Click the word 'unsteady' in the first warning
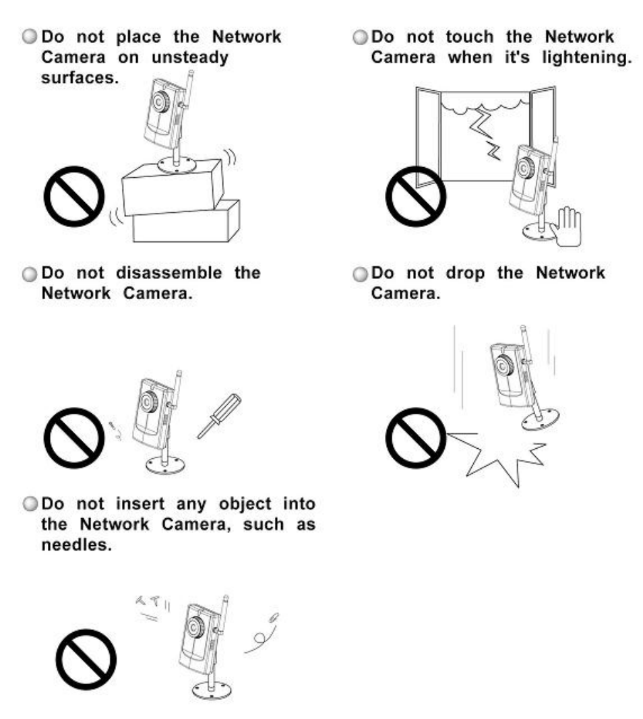tap(189, 58)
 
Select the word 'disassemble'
tap(169, 273)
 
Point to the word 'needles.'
tap(77, 544)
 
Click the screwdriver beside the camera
tap(219, 416)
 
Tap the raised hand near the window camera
tap(566, 226)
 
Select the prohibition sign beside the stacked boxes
tap(74, 196)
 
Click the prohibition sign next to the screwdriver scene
tap(74, 437)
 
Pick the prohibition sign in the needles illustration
tap(86, 660)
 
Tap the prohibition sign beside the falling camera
tap(415, 437)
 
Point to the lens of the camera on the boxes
tap(160, 101)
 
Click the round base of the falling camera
tap(541, 418)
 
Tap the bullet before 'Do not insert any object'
tap(30, 504)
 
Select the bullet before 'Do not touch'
tap(361, 37)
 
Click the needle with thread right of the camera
tap(262, 633)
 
